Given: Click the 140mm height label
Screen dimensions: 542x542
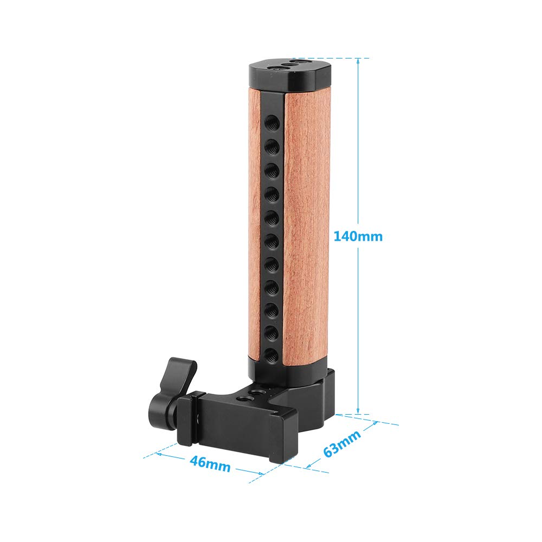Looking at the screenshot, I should click(x=358, y=236).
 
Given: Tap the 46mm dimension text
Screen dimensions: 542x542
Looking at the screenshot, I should click(x=210, y=464).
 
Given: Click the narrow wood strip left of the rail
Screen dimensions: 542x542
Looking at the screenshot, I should click(x=254, y=228).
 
